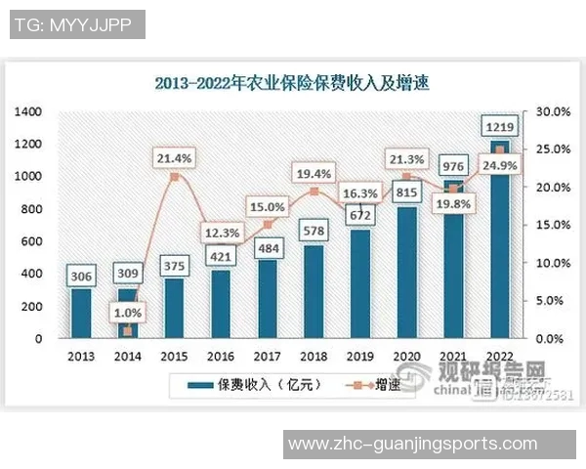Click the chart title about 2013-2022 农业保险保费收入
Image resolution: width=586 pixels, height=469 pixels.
(292, 83)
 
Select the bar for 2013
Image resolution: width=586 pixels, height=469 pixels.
(81, 313)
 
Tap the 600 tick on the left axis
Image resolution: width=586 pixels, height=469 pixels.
(31, 241)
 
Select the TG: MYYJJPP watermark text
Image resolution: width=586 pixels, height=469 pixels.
(76, 24)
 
